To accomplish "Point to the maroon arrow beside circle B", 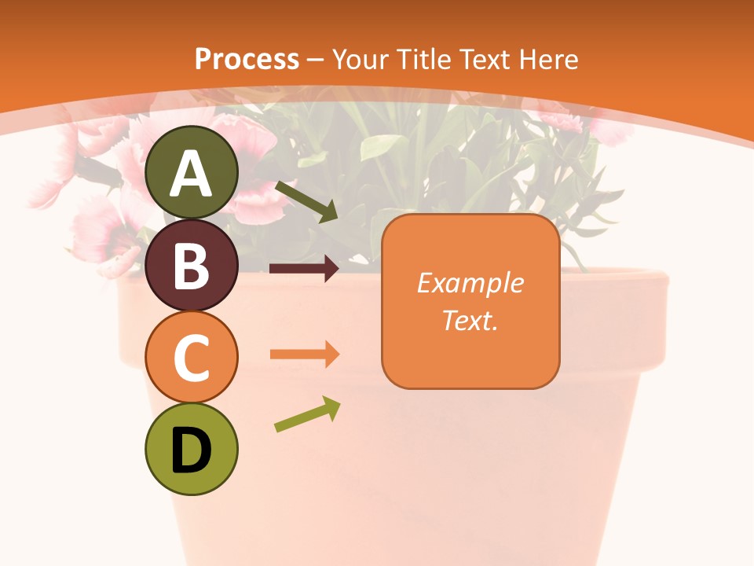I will [x=304, y=269].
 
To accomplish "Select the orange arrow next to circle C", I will [x=304, y=354].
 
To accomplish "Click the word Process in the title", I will [x=247, y=59].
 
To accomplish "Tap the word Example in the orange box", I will [x=470, y=283].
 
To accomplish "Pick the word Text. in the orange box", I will [x=470, y=320].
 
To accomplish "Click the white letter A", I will [x=192, y=175].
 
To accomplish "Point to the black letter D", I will [x=192, y=451].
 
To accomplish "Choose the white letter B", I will [x=192, y=266].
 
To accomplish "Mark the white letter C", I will [x=192, y=358].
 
